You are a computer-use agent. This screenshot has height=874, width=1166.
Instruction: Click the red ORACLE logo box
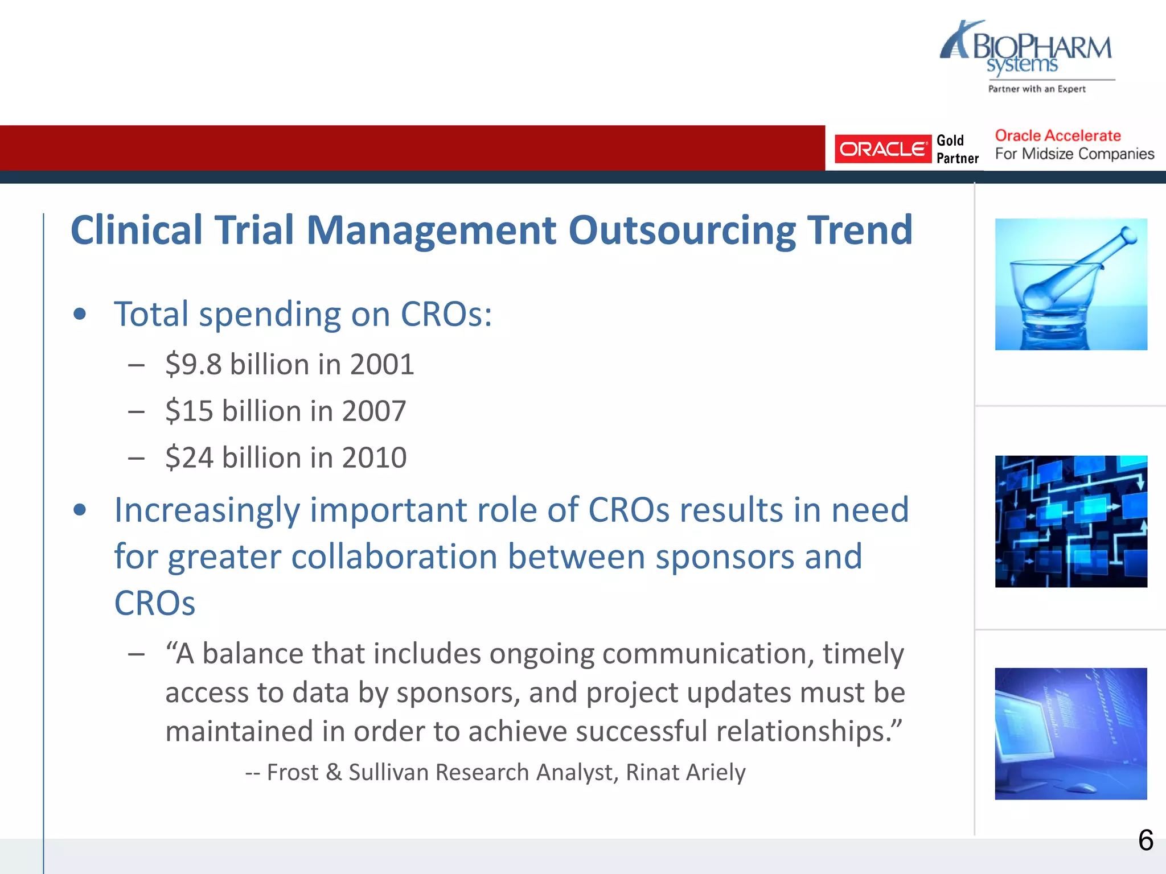882,149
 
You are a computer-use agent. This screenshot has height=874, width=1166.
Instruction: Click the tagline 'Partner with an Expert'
1037,89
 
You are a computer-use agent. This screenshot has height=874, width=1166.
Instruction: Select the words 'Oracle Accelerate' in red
1058,135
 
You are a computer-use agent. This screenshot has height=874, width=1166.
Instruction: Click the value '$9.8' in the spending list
194,364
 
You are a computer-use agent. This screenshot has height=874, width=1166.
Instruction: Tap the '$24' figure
190,457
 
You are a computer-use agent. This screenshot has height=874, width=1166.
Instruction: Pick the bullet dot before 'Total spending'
80,314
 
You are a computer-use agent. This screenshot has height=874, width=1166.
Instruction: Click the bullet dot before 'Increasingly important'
80,510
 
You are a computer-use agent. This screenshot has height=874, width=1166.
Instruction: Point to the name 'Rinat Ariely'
685,773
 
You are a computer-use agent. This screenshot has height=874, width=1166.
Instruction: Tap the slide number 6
1146,840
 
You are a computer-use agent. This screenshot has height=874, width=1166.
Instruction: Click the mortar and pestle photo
1070,284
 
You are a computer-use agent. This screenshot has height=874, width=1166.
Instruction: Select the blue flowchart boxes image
1070,521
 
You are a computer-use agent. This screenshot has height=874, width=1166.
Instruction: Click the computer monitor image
1070,733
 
